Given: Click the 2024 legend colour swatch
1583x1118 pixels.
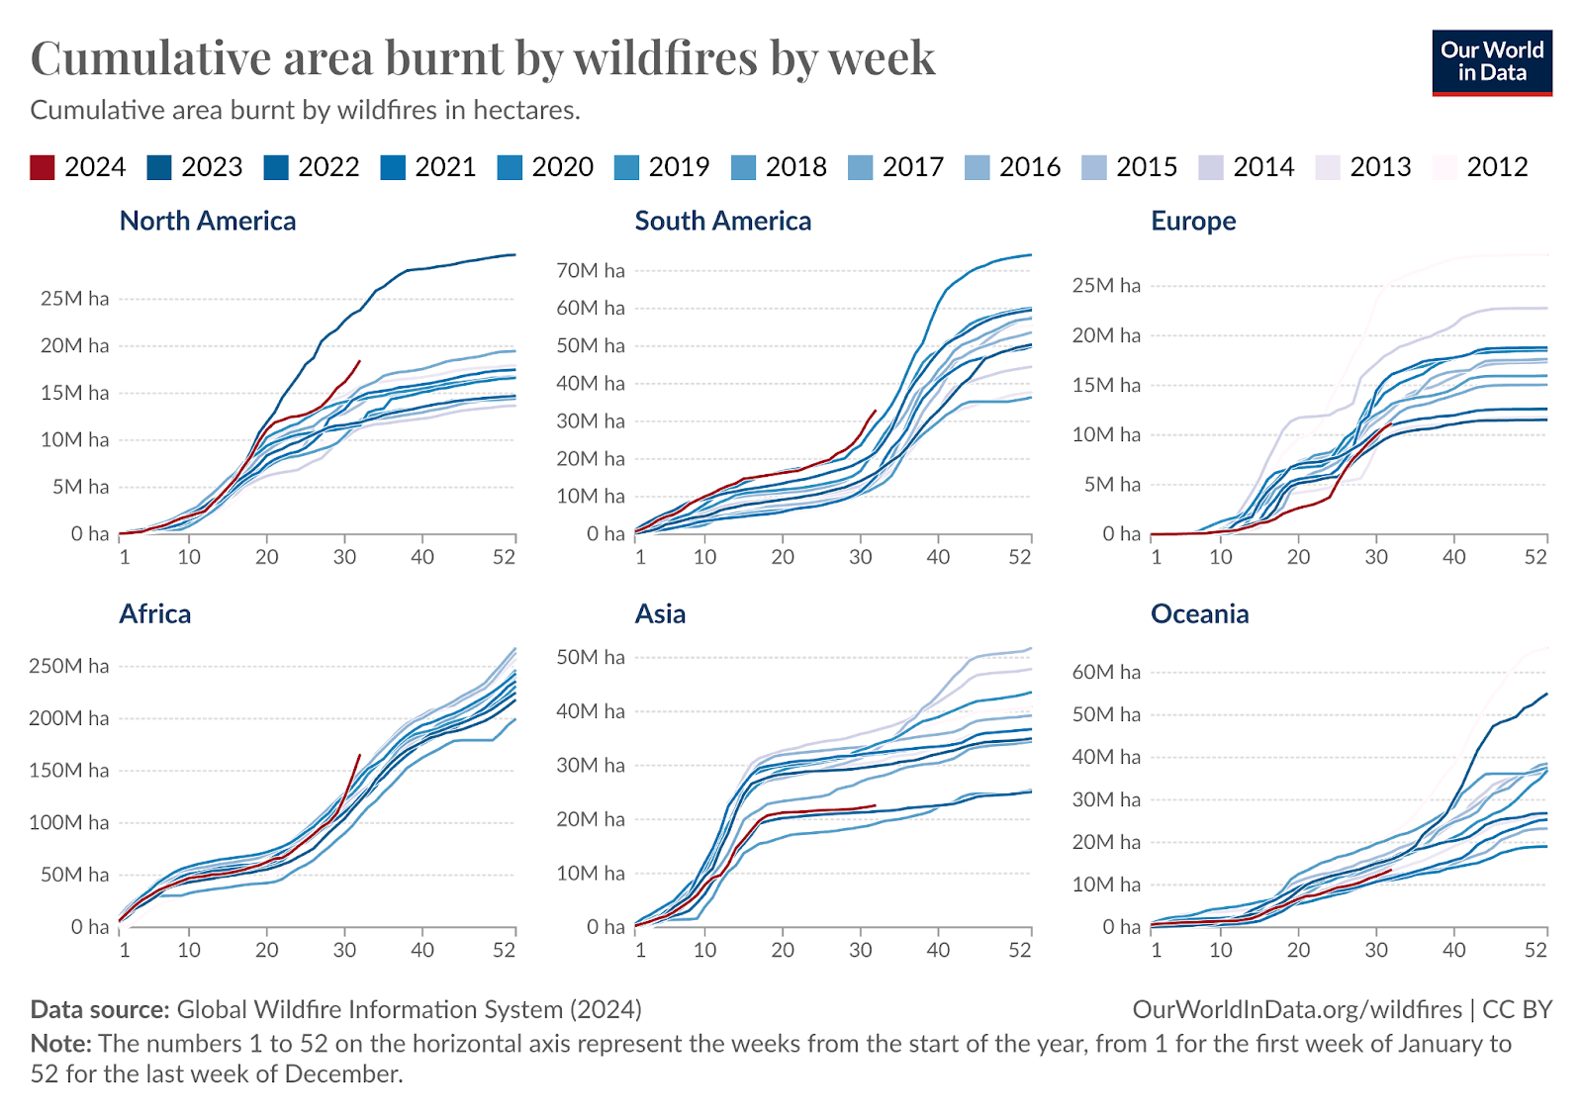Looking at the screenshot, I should (43, 167).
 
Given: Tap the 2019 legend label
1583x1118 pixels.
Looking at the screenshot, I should (679, 167).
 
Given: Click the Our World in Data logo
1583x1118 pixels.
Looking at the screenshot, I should (1491, 62).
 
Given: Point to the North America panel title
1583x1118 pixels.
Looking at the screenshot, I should (208, 221).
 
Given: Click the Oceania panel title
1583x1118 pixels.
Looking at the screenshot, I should (1199, 614).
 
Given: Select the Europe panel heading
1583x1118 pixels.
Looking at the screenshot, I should (1193, 221).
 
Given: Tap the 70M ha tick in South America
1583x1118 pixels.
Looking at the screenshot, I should (591, 271).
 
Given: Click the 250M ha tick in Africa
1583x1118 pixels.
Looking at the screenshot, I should (68, 666).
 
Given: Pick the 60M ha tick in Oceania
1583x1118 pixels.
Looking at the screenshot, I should (1106, 673).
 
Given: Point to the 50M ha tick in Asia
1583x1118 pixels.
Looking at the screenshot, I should (591, 658).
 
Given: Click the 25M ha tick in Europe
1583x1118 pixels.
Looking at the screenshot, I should (1106, 286).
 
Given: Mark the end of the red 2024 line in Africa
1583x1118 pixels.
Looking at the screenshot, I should (359, 755).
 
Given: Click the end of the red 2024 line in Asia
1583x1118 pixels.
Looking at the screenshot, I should (876, 805).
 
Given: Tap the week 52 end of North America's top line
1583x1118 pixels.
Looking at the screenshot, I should (515, 255).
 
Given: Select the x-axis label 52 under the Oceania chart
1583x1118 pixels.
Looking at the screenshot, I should (1535, 950).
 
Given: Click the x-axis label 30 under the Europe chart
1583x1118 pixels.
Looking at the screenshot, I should (1376, 557).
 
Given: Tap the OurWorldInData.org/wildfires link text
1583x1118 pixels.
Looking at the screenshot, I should (1297, 1009).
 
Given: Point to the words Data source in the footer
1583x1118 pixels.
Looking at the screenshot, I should (100, 1009).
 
